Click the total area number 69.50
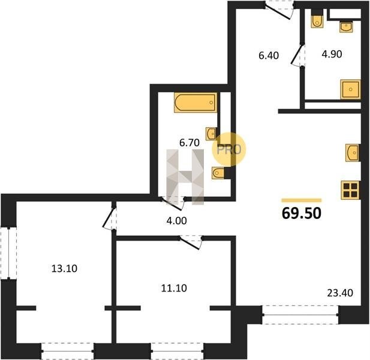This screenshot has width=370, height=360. (x=302, y=213)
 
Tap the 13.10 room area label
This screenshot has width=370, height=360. (x=64, y=269)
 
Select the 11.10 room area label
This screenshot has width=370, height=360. (x=174, y=288)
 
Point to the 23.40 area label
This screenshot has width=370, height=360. (x=340, y=293)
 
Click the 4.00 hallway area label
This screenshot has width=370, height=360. (x=176, y=221)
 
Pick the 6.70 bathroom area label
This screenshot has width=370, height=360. (x=189, y=143)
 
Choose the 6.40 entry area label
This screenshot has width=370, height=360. (x=269, y=55)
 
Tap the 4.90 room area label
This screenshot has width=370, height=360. (x=332, y=54)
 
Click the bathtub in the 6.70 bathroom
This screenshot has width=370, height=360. (x=195, y=103)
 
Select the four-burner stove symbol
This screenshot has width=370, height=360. (x=350, y=190)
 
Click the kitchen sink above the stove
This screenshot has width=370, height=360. (x=352, y=153)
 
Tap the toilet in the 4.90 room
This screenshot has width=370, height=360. (x=317, y=19)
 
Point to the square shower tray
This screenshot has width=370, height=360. (x=350, y=89)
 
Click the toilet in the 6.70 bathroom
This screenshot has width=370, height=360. (x=218, y=173)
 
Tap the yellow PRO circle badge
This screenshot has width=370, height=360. (x=229, y=149)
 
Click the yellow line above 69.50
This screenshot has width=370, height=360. (x=302, y=200)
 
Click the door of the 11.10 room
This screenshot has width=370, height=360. (x=191, y=242)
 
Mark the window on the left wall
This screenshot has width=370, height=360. (x=9, y=253)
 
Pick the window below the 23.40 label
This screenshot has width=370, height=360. (x=300, y=314)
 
